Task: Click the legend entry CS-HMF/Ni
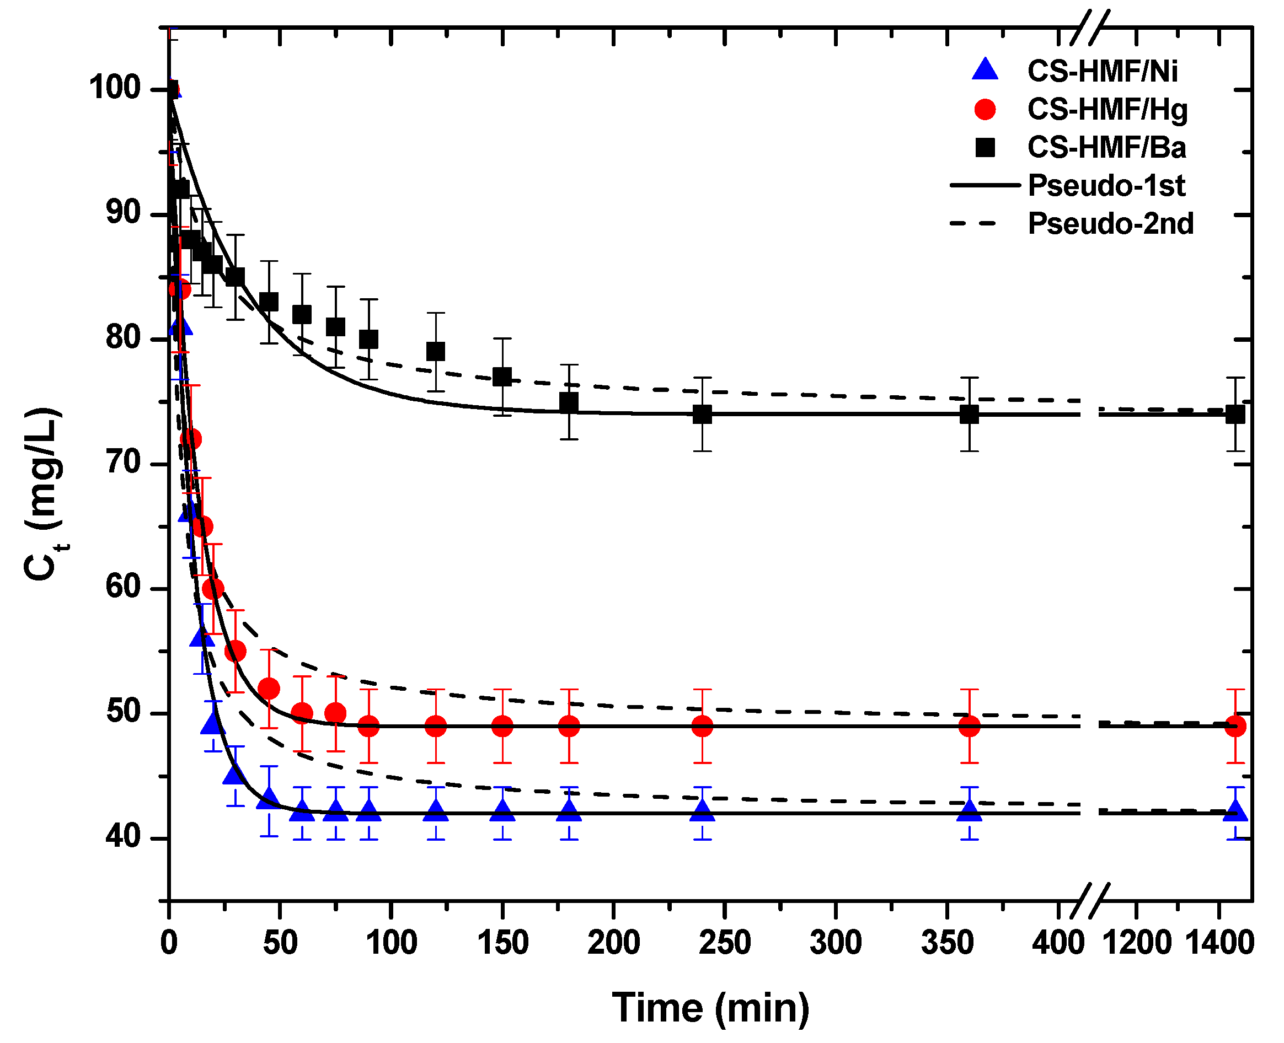1102,72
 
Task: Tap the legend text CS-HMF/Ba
1106,148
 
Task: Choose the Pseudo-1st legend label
1106,186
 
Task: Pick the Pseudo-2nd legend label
1110,224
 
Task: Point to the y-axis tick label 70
123,463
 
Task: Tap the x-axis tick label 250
724,942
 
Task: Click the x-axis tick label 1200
1137,942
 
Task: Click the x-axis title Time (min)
710,1008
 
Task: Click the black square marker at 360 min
969,415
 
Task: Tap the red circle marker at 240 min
702,727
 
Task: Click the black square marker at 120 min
436,352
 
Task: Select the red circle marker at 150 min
502,727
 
